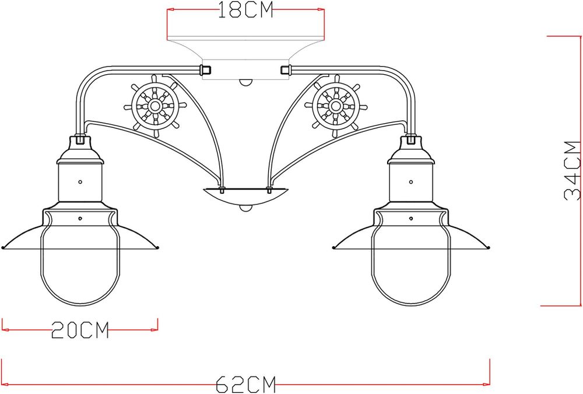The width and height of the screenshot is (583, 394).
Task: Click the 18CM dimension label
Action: click(x=245, y=11)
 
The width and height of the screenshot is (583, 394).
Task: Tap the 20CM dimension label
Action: click(x=80, y=330)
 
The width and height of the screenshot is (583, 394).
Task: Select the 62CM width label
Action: click(x=245, y=384)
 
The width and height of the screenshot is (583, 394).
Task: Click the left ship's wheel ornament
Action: click(x=155, y=106)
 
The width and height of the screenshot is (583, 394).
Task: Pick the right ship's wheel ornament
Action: click(x=335, y=106)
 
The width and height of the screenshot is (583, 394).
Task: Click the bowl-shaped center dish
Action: click(x=245, y=196)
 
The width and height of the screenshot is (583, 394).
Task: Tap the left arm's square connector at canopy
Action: click(x=205, y=70)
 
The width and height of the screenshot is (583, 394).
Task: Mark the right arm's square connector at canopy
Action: click(x=285, y=70)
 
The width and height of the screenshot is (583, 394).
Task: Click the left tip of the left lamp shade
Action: click(x=3, y=247)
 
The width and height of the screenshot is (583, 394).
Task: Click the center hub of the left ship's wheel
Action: click(x=155, y=106)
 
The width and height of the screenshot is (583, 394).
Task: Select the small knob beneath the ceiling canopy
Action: click(x=245, y=82)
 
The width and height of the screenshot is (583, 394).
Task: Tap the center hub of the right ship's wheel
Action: click(x=335, y=106)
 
